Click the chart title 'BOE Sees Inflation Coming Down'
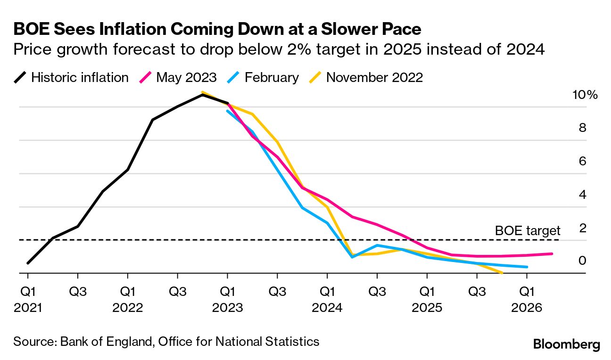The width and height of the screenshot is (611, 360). (217, 29)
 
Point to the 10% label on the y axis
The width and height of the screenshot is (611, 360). (585, 95)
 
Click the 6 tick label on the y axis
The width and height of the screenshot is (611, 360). (582, 161)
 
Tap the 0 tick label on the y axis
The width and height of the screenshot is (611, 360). (582, 261)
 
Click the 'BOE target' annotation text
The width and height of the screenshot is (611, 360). (528, 230)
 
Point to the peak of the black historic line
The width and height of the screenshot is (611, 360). (202, 95)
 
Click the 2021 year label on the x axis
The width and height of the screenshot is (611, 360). (28, 308)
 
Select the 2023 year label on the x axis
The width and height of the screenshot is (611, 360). (228, 308)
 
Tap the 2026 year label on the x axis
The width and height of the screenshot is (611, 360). (527, 308)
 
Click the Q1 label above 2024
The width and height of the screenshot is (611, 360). (327, 291)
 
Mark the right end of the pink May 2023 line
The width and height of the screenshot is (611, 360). (552, 254)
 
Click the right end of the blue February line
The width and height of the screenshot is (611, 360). (527, 267)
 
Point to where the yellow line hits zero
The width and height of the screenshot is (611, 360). (502, 272)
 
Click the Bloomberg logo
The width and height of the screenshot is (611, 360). (567, 344)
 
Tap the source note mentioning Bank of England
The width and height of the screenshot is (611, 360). (166, 341)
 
